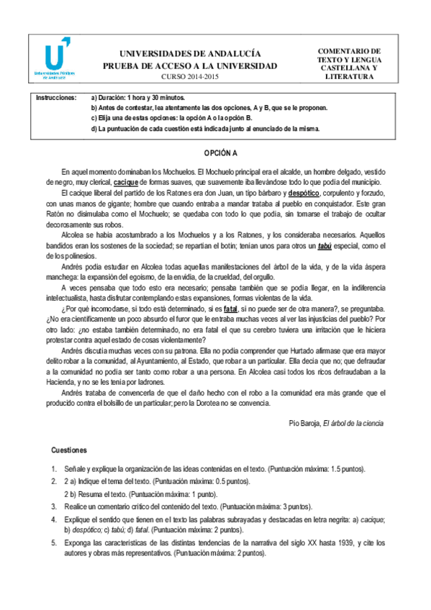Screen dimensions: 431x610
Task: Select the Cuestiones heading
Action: (x=69, y=450)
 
